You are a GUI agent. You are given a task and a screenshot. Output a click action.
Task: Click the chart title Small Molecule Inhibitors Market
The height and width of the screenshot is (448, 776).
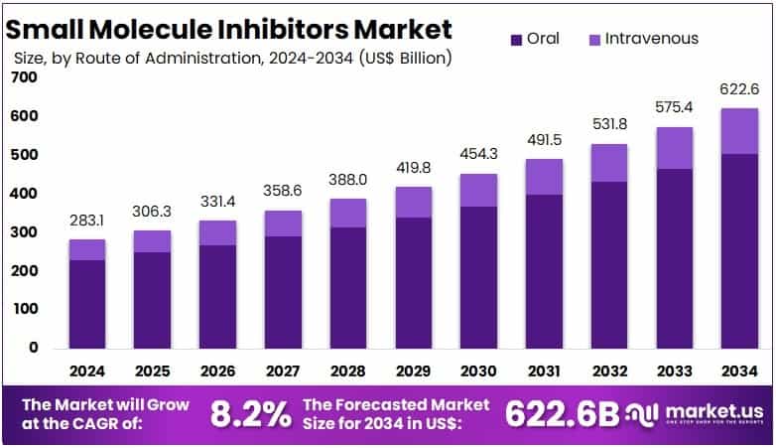point(230,29)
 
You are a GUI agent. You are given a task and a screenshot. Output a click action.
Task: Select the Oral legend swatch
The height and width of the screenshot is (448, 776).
point(516,40)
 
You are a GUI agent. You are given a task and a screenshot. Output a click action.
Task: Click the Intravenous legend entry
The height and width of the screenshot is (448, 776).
point(644,39)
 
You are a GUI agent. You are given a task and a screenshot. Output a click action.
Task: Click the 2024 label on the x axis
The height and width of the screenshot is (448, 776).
point(87,371)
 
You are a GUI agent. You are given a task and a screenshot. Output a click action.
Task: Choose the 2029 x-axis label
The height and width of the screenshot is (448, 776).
point(413,371)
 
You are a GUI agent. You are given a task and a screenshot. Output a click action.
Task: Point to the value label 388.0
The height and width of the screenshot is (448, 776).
point(347,183)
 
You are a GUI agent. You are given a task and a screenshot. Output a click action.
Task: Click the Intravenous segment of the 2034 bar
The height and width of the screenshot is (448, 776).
point(739,131)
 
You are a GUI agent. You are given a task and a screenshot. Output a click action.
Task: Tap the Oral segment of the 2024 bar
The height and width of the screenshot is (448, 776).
point(87,303)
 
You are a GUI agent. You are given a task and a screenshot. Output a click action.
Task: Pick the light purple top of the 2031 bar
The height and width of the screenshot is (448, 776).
point(544,177)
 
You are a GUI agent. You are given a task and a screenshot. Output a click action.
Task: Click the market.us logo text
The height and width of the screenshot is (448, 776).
point(711,410)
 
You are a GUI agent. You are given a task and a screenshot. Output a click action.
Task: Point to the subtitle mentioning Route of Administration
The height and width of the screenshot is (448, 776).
point(233,58)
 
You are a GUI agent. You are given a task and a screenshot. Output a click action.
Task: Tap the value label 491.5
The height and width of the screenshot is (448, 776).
point(544,141)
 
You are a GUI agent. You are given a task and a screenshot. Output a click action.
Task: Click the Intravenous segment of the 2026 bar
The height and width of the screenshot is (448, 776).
point(217,232)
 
